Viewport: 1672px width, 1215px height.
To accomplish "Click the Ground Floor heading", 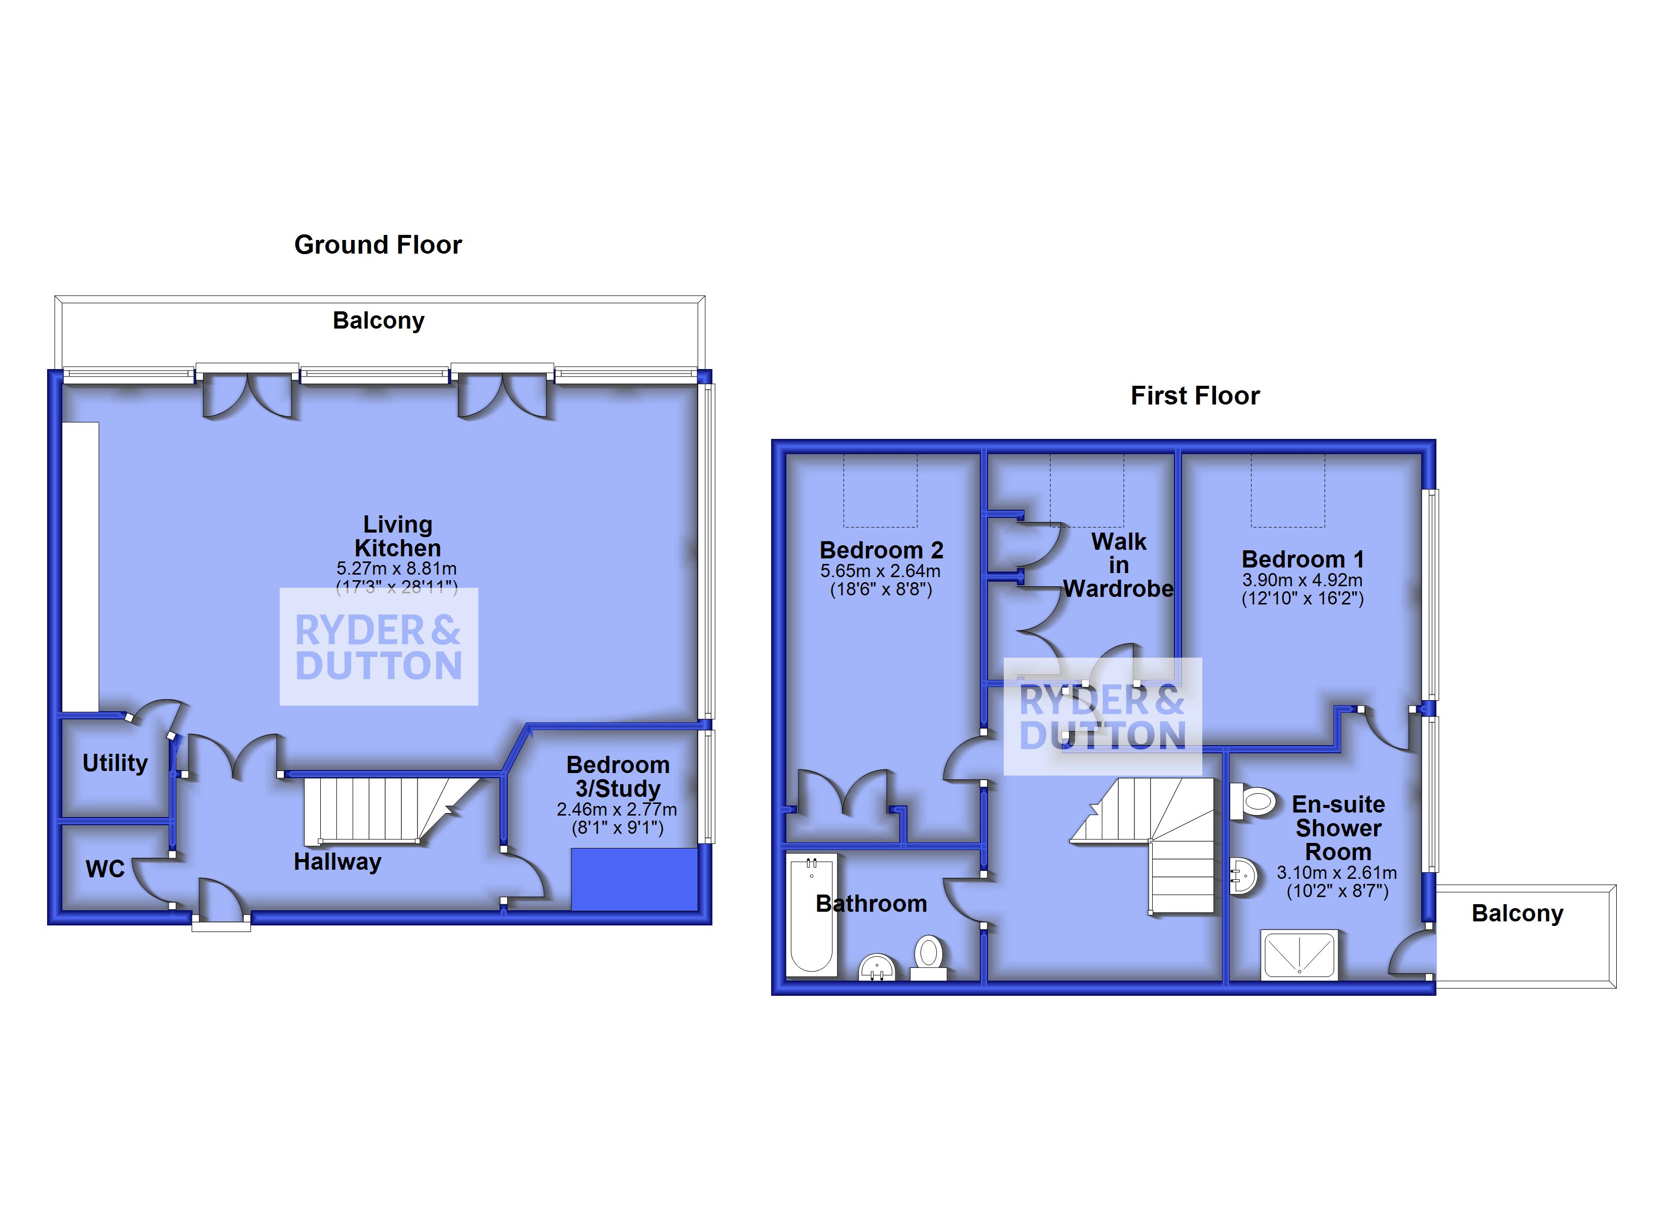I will [377, 245].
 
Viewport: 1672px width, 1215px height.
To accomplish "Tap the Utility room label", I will [115, 762].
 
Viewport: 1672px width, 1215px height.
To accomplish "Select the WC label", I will [105, 869].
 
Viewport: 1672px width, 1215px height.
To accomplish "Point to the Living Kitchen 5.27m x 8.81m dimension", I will [397, 569].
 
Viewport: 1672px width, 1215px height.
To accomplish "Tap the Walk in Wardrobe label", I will [1118, 565].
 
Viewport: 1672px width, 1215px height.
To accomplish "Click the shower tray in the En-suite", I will [1299, 955].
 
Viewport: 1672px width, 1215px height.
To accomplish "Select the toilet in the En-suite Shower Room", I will [1253, 801].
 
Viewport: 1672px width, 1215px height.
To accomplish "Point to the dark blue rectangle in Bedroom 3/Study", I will [634, 878].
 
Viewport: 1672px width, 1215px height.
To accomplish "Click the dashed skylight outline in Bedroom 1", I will [1287, 490].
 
